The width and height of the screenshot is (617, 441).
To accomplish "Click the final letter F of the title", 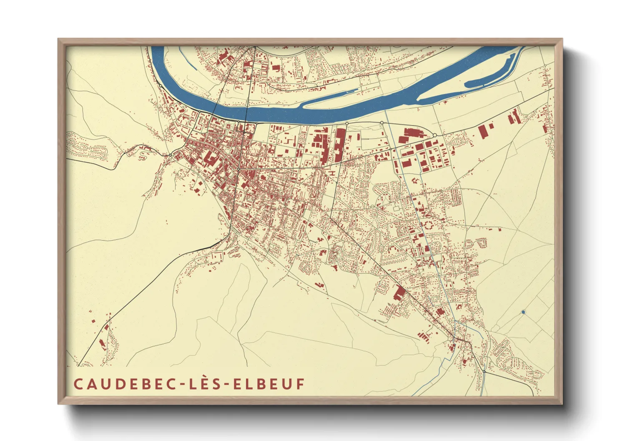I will (300, 384).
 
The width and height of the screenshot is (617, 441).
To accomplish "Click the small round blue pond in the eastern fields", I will (523, 312).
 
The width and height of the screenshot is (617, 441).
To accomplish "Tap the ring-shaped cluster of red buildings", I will (428, 227).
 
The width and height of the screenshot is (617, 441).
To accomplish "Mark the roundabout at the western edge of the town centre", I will (170, 155).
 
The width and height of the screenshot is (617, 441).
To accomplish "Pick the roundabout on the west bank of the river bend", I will (160, 86).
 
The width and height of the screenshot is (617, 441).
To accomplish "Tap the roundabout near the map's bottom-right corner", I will (484, 371).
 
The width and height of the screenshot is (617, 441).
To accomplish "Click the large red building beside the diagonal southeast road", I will (399, 293).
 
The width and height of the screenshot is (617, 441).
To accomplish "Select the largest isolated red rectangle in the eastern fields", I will (484, 131).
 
